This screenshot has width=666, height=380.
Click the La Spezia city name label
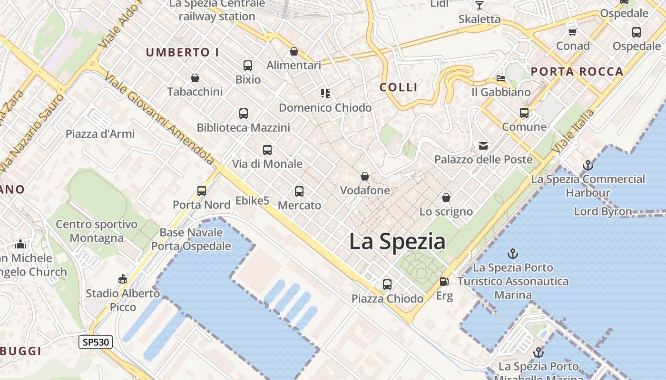tap(397, 241)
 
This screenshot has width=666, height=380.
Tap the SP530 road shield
tap(95, 342)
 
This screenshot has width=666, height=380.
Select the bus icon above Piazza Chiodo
tap(387, 284)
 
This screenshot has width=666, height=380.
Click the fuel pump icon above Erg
tap(444, 281)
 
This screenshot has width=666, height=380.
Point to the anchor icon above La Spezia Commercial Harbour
tap(588, 165)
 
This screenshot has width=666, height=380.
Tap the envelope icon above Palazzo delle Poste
tap(483, 145)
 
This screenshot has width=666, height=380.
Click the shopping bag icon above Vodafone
tap(365, 176)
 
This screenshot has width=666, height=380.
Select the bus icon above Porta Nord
tap(202, 191)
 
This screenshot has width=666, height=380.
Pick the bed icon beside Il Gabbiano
tap(500, 78)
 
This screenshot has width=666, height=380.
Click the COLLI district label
tap(399, 87)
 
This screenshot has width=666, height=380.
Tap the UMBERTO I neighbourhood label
tap(182, 52)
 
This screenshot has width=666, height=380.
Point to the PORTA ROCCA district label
tap(577, 72)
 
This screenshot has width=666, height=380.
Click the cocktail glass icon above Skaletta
tap(479, 5)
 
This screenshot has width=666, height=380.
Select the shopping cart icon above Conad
tap(573, 32)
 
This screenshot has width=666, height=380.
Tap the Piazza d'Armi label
tap(100, 134)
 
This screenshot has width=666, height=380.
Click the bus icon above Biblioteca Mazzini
tap(244, 114)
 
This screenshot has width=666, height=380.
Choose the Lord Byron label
tap(603, 211)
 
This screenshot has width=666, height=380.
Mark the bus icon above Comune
tap(524, 113)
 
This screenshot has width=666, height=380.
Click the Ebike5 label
tap(252, 201)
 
